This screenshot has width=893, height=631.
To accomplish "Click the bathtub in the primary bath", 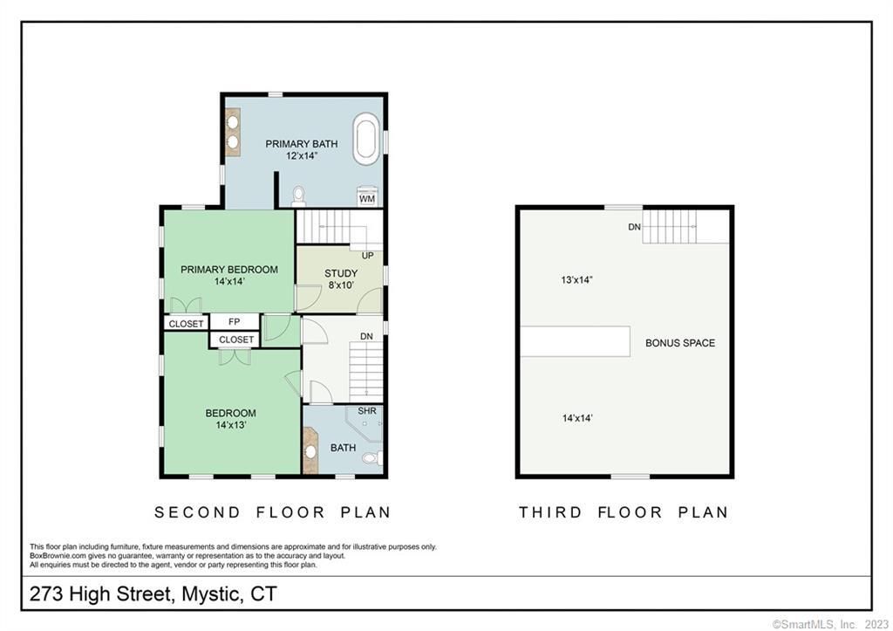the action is (365, 139).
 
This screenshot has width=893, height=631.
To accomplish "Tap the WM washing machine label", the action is (367, 199).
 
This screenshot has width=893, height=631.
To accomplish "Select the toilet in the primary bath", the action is (298, 196).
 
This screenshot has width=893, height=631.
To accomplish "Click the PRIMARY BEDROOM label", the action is (229, 270).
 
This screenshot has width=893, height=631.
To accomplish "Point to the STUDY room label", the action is (341, 273).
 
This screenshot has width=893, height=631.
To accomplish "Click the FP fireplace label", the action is (234, 321).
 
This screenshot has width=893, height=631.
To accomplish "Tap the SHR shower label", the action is (367, 411).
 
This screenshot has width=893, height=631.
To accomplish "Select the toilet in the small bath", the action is (372, 457).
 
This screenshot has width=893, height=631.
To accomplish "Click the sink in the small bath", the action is (310, 451).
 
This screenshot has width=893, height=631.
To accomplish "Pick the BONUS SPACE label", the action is (680, 343).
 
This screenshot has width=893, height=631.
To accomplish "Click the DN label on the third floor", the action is (635, 227).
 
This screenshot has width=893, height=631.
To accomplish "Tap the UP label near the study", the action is (368, 256).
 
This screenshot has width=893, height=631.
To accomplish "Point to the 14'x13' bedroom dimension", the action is (230, 425).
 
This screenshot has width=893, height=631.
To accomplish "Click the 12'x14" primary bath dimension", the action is (301, 155).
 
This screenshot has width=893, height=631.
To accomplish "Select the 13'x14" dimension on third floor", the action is (577, 280).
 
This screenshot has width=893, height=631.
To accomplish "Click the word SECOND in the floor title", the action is (198, 512).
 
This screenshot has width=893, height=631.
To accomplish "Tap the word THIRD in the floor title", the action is (550, 512).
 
